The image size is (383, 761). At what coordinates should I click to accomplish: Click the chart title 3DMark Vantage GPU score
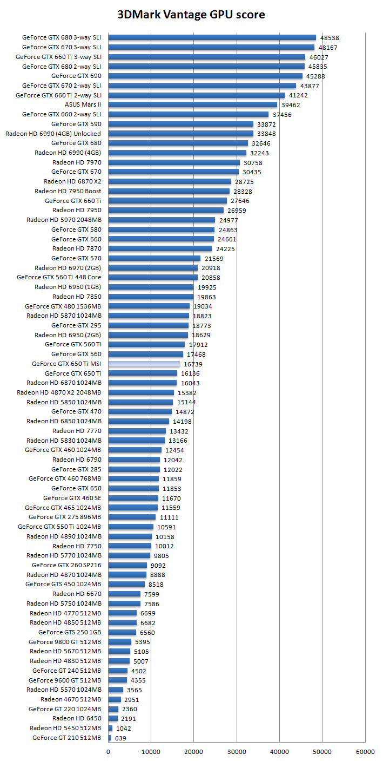pos(191,14)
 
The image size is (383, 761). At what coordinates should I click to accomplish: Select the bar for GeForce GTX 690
pos(205,76)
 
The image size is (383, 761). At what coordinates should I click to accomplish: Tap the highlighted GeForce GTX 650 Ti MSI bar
pos(144,364)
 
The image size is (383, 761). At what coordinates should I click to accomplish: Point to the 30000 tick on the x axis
pos(237,751)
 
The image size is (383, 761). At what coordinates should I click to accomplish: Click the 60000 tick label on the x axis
pos(365,751)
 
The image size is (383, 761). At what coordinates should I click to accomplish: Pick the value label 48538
pos(330,38)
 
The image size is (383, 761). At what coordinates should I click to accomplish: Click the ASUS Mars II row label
pos(83,104)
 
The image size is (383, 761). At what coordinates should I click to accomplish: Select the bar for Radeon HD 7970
pos(174,162)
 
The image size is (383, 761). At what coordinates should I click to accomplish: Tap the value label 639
pos(121,738)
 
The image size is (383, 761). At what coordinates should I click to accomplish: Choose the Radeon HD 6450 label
pos(77,718)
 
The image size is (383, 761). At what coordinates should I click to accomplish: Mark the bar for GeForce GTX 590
pos(180,124)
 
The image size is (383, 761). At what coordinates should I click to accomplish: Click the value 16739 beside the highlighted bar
pos(193,364)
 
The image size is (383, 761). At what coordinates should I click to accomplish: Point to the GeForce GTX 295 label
pos(76,325)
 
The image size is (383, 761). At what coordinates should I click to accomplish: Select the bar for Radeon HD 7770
pos(137,431)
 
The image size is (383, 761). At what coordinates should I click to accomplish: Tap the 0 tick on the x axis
pos(109,751)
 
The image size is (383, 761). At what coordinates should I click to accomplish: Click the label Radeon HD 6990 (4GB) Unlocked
pos(53,134)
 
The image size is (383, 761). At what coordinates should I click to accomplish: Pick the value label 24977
pos(229,220)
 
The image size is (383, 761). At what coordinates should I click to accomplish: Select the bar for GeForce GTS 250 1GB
pos(122,632)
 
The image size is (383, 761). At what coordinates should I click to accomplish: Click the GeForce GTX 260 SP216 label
pos(66,565)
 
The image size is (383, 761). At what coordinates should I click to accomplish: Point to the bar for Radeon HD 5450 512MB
pos(111,728)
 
